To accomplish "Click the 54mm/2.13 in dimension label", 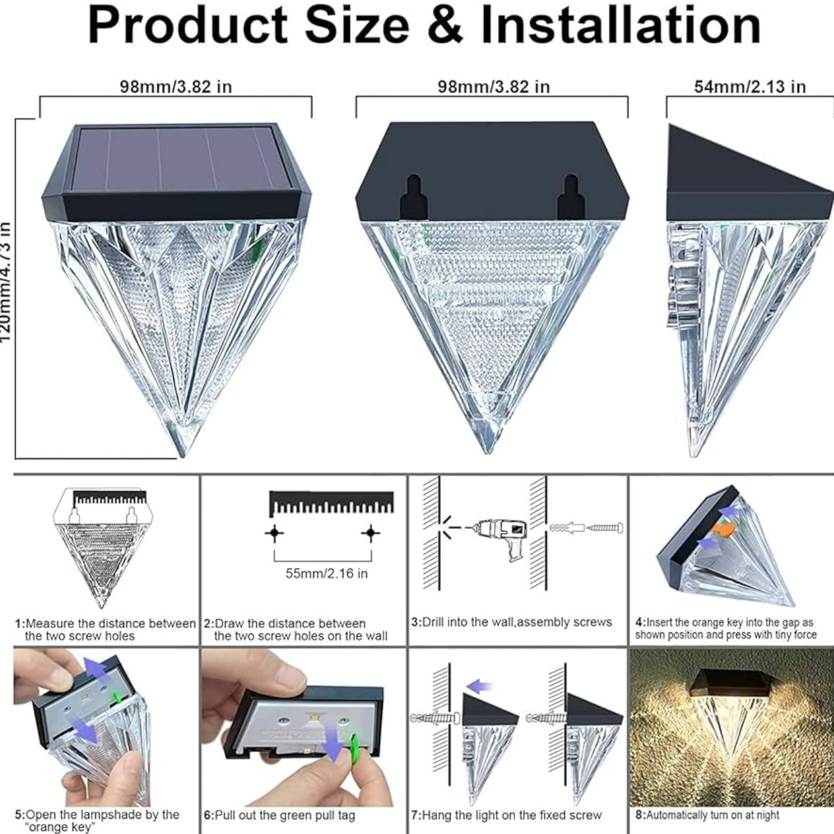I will tap(749, 87).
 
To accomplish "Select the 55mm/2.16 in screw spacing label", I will tap(326, 573).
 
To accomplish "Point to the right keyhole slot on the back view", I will tap(570, 197).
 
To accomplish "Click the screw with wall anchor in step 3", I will tap(586, 528).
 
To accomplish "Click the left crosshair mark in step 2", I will tap(275, 533).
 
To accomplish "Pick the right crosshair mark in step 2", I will tap(370, 533).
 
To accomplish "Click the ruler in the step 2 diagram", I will tap(331, 502).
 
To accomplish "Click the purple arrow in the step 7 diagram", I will tap(479, 686).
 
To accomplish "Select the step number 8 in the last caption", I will tap(639, 815).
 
